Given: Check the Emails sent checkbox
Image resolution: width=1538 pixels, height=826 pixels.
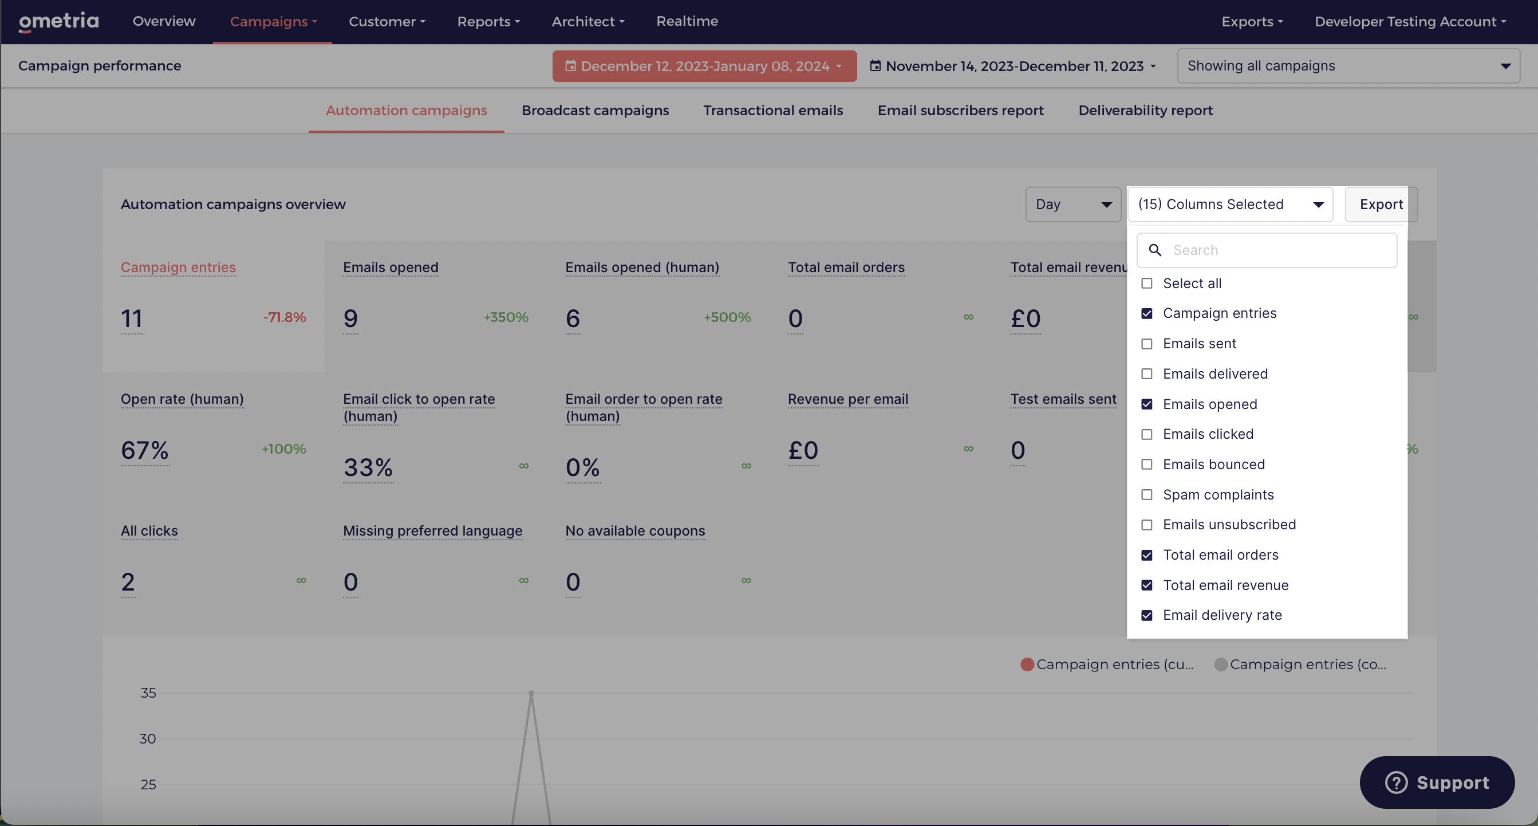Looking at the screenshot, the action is point(1146,344).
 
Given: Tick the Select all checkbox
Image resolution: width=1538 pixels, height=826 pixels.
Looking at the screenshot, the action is point(1146,284).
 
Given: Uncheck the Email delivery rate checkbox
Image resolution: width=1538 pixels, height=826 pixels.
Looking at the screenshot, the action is point(1146,616).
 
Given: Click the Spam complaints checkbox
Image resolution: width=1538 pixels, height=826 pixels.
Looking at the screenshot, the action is point(1146,495).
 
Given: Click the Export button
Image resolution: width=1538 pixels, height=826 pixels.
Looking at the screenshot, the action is point(1381,204).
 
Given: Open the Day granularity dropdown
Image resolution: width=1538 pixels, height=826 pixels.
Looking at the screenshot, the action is point(1073,204).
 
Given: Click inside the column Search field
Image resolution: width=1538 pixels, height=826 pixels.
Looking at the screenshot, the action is point(1267,250).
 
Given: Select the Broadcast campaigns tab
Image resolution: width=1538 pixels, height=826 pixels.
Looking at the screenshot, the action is point(596,111).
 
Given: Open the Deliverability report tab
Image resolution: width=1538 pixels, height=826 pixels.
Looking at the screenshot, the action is point(1145,111).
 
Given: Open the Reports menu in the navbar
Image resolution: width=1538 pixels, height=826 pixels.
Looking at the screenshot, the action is point(488,22).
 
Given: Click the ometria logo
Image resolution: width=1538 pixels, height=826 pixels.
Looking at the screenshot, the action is point(58,22).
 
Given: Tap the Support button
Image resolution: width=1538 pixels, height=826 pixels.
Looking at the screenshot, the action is point(1437,782).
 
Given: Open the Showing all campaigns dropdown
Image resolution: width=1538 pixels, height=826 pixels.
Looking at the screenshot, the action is point(1348,66).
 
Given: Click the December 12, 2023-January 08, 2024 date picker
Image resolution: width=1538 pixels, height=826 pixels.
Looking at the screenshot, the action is point(704,66).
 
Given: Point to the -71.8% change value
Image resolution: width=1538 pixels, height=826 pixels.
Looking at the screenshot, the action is point(285,317).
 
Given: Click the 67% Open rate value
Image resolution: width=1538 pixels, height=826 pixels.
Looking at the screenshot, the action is point(145,450).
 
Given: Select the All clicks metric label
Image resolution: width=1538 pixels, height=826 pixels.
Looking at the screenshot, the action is point(149,531).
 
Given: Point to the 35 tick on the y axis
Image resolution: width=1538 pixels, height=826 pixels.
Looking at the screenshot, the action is point(148,693).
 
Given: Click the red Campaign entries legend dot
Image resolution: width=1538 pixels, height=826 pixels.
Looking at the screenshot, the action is point(1027,664).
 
